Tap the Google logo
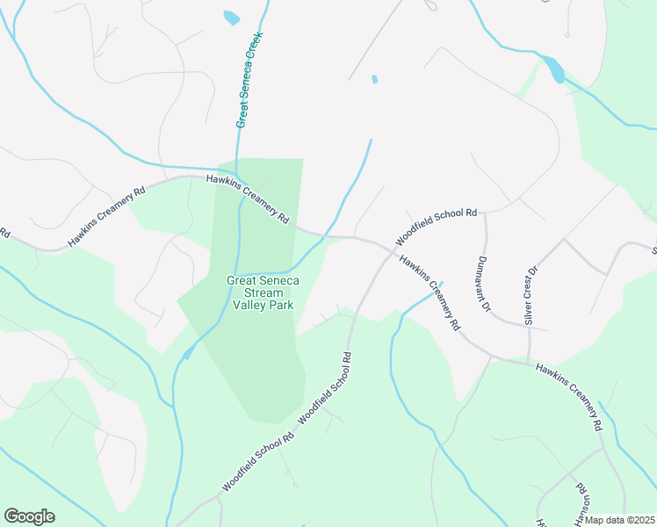(x=29, y=516)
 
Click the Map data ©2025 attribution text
(x=619, y=520)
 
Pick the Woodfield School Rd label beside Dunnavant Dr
(x=436, y=227)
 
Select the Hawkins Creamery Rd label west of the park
(x=106, y=216)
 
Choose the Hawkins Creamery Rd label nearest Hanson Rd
(x=568, y=398)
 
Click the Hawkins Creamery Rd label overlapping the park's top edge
(x=248, y=199)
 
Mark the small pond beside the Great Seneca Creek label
(x=231, y=18)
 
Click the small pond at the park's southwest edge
(x=187, y=353)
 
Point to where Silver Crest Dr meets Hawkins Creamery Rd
(x=528, y=361)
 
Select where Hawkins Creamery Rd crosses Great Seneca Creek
(x=324, y=235)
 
